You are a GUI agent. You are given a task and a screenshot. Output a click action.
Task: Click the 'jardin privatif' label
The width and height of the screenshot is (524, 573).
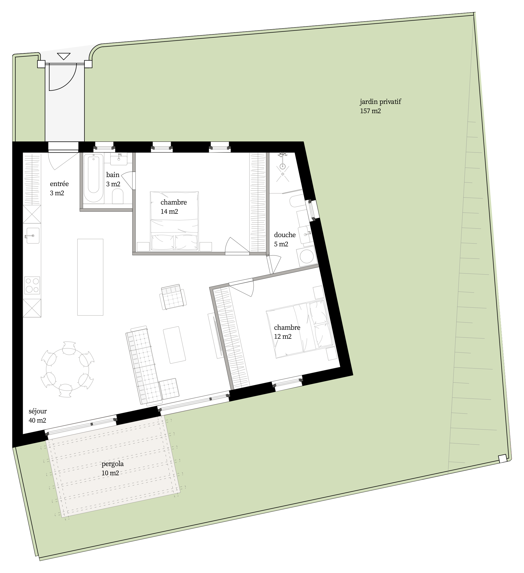pyautogui.click(x=380, y=102)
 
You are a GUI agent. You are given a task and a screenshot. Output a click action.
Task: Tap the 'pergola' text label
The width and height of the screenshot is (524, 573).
pyautogui.click(x=113, y=464)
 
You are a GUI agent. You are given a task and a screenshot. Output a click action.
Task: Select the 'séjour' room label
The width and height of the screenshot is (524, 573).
pyautogui.click(x=37, y=411)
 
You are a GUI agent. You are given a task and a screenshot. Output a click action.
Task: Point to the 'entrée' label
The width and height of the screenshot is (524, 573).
pyautogui.click(x=59, y=184)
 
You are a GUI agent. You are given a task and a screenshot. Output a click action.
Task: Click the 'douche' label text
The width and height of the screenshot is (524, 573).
pyautogui.click(x=285, y=235)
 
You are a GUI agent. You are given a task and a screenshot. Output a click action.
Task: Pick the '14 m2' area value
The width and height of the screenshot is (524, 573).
pyautogui.click(x=169, y=211)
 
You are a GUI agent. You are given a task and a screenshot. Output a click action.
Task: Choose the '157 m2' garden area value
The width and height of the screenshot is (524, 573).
pyautogui.click(x=370, y=111)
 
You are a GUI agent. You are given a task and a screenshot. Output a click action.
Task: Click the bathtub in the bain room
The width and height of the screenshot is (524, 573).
pyautogui.click(x=93, y=178)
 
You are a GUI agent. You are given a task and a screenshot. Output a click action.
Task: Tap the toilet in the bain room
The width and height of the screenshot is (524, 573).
pyautogui.click(x=118, y=196)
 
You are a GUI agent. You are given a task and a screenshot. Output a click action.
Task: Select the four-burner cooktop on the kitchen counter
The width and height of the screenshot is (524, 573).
pyautogui.click(x=32, y=285)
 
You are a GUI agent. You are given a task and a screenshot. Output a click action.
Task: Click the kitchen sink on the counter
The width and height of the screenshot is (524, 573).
pyautogui.click(x=33, y=235)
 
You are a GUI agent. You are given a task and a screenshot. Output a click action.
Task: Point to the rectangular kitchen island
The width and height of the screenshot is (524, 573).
pyautogui.click(x=90, y=277)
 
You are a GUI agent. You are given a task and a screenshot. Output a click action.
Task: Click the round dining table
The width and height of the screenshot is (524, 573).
pyautogui.click(x=67, y=370)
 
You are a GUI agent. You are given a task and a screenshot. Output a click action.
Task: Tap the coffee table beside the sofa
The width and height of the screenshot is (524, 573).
pyautogui.click(x=175, y=345)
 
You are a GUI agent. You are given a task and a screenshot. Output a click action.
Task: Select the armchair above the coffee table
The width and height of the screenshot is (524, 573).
pyautogui.click(x=173, y=297)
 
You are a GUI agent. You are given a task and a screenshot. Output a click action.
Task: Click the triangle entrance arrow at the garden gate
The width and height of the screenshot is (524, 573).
pyautogui.click(x=63, y=56)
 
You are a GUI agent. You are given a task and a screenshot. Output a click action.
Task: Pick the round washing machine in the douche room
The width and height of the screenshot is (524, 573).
pyautogui.click(x=307, y=257)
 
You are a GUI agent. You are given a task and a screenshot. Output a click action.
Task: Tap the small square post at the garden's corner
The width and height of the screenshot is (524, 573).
pyautogui.click(x=503, y=459)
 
